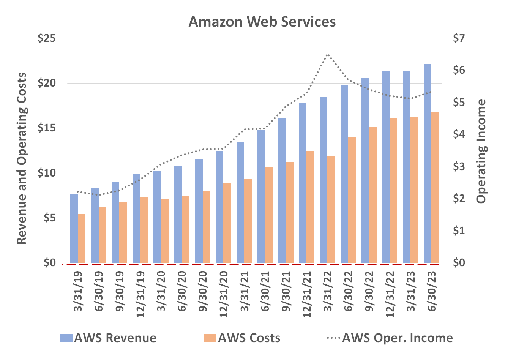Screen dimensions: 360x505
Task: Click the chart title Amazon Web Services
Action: [x=262, y=22]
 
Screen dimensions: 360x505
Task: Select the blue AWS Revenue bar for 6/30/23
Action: [x=427, y=163]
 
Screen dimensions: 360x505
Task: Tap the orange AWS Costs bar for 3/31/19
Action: [x=82, y=238]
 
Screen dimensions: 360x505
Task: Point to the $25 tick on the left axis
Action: [x=47, y=38]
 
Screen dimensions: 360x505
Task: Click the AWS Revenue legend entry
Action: [x=108, y=338]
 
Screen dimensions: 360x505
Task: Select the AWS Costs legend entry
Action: [x=242, y=338]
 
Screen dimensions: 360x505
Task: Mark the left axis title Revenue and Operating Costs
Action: [x=22, y=159]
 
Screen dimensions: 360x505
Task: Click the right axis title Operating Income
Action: [x=481, y=151]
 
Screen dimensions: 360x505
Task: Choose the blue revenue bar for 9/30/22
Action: [x=365, y=170]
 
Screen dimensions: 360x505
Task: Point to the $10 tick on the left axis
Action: [x=47, y=173]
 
